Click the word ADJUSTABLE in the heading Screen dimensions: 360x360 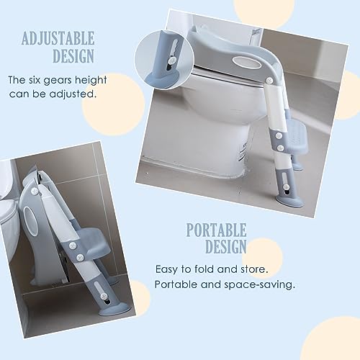click(69, 38)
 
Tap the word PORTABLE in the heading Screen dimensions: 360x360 click(216, 231)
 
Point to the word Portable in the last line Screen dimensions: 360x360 click(177, 284)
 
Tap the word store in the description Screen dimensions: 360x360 click(256, 269)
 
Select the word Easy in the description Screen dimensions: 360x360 click(167, 269)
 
